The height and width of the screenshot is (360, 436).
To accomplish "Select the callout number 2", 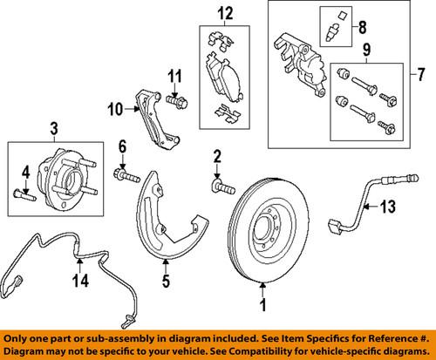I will (217, 156).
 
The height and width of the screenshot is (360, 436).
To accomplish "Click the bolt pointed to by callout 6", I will (127, 179).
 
